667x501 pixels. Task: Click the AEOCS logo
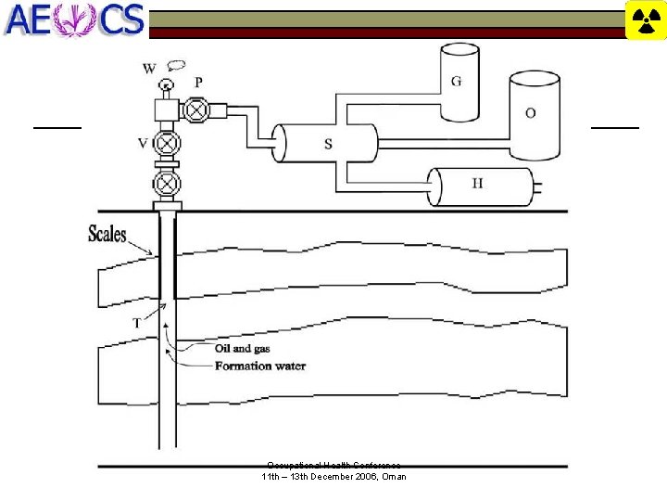(74, 19)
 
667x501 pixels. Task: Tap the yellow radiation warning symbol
(646, 20)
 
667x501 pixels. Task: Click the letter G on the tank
(457, 82)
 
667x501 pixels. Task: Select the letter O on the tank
(530, 113)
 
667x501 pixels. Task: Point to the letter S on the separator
(328, 144)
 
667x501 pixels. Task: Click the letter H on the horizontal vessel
(477, 184)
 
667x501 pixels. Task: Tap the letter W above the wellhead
(149, 68)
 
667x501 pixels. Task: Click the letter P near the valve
(198, 82)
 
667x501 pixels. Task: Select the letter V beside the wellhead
(143, 143)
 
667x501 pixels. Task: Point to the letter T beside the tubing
(137, 323)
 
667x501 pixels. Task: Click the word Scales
(107, 234)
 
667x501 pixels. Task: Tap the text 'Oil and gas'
(243, 349)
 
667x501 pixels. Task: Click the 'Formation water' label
(260, 366)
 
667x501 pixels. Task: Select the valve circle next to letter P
(195, 109)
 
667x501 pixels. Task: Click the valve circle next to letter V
(167, 144)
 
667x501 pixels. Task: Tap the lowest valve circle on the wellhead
(167, 183)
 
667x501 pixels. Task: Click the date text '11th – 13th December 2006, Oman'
(333, 477)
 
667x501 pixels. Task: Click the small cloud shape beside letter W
(176, 65)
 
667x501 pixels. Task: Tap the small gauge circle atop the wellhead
(166, 86)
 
